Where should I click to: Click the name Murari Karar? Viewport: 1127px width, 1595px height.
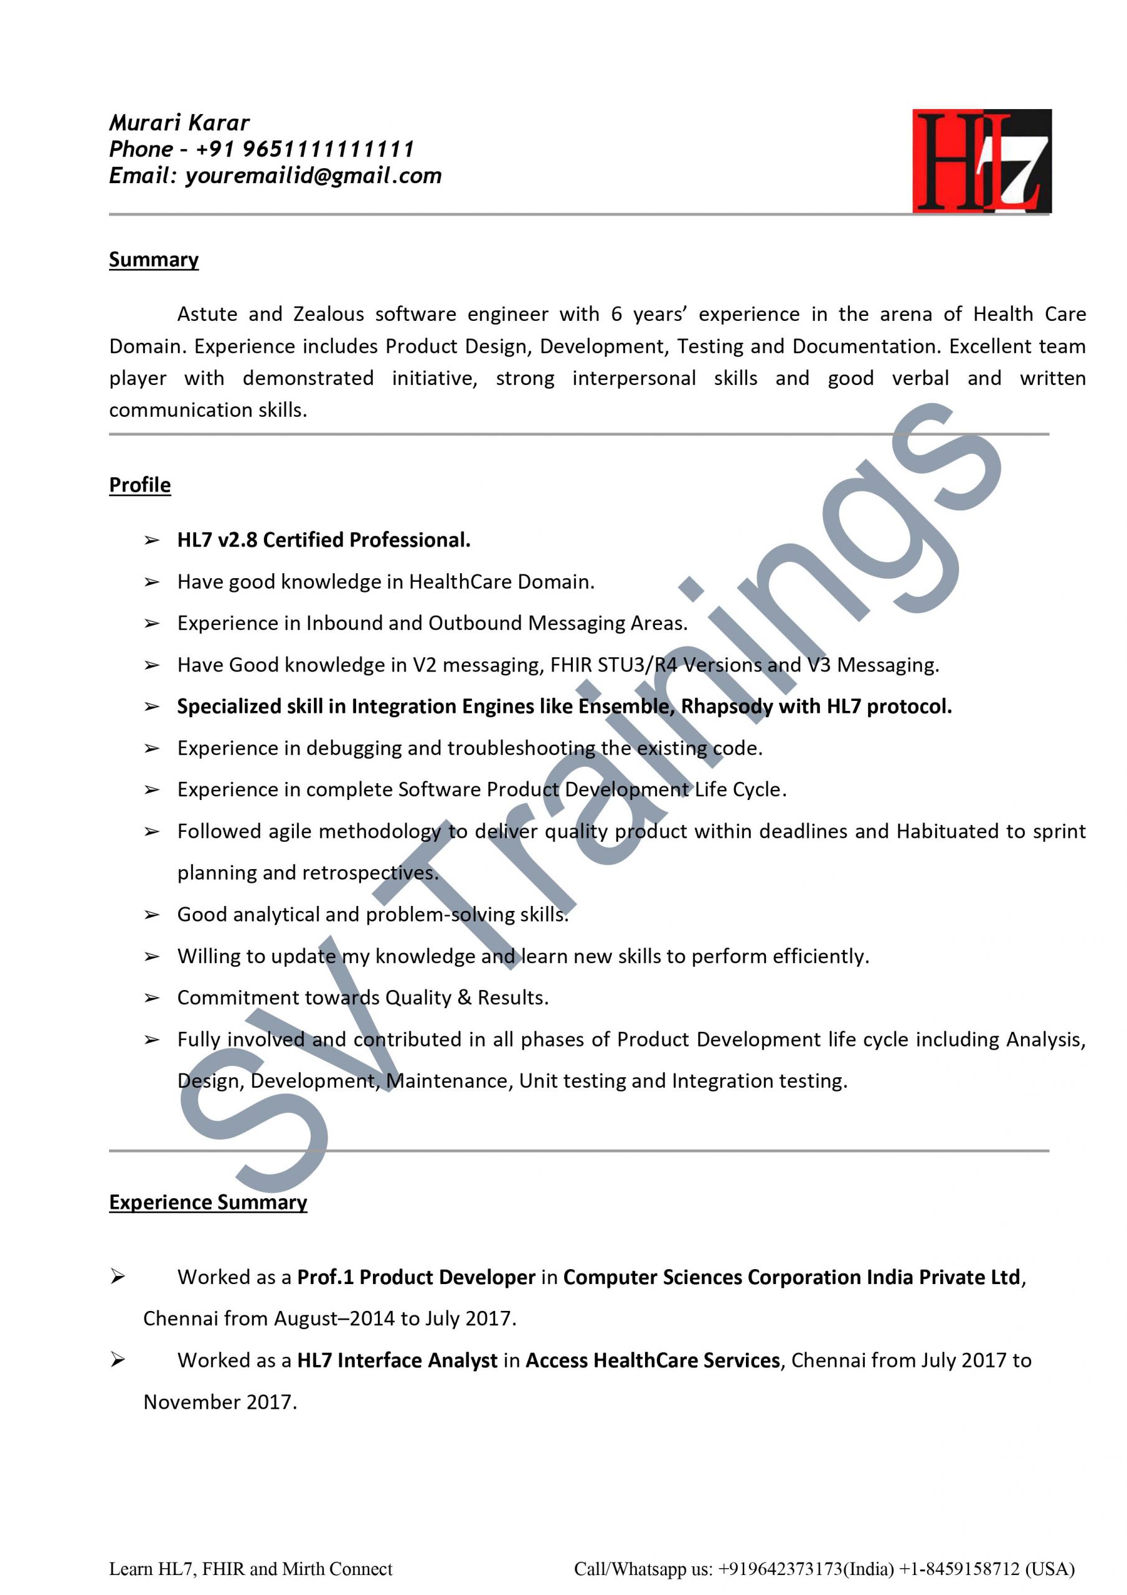tap(179, 123)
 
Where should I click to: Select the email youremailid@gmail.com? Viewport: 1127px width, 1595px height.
tap(313, 176)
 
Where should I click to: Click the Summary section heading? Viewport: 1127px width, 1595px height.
tap(153, 259)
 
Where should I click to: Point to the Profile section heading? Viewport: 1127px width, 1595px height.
tap(139, 484)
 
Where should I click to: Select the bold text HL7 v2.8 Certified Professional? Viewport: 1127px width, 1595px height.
tap(324, 540)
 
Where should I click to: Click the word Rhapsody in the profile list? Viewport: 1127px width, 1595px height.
tap(727, 707)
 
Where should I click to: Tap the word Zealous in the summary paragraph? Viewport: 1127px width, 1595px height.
tap(328, 314)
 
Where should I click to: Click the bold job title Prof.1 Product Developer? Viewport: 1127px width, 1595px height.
tap(416, 1277)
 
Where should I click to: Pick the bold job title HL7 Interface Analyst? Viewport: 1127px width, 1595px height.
tap(397, 1360)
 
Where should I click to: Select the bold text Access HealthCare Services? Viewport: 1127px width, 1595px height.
tap(653, 1360)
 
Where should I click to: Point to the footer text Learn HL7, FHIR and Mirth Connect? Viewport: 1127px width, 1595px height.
tap(251, 1569)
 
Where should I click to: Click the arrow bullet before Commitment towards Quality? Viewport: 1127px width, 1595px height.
tap(151, 998)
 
